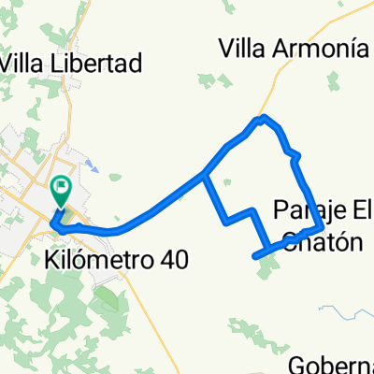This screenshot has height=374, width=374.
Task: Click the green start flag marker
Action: [x=61, y=193]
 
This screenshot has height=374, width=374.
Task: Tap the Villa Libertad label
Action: [x=72, y=64]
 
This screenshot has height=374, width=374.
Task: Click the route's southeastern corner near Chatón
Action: [x=323, y=227]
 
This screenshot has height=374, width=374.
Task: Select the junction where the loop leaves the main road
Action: [x=205, y=174]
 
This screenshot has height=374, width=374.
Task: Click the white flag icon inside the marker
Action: [x=62, y=190]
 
